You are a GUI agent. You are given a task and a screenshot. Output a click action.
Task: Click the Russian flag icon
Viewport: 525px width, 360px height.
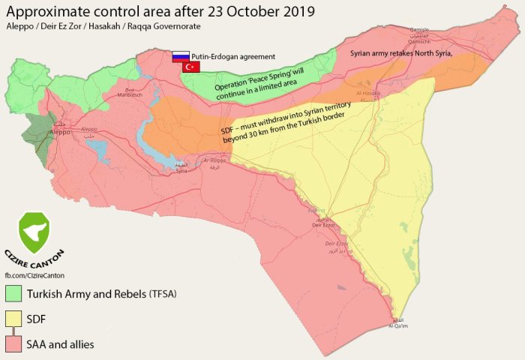coord(180,56)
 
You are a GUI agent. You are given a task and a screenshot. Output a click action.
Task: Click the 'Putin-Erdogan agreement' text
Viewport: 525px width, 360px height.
coord(233,56)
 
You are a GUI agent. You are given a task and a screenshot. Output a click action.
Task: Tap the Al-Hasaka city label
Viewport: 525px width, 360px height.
coord(367,94)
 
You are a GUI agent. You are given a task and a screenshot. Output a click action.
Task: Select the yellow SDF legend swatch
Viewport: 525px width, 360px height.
coord(13,319)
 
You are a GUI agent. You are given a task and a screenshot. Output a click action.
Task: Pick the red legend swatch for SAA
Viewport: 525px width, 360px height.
coord(13,344)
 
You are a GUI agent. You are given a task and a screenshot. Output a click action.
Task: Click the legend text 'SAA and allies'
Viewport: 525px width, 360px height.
coord(60,344)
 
